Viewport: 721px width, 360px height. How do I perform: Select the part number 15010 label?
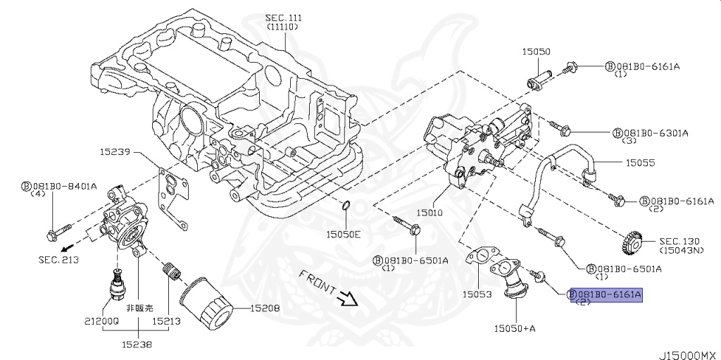(430, 213)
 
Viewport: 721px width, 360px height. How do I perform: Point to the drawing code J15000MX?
(689, 355)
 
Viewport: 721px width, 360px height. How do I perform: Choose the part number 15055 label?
(639, 163)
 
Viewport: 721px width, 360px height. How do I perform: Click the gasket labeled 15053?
(479, 257)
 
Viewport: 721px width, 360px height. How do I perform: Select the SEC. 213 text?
(58, 260)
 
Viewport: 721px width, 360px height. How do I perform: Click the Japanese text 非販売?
(139, 308)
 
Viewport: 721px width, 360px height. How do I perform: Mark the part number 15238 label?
(137, 343)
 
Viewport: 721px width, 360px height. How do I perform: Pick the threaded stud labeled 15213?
(172, 271)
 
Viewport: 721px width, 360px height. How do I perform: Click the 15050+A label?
(515, 328)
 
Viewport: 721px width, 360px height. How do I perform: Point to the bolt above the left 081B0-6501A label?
(406, 226)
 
